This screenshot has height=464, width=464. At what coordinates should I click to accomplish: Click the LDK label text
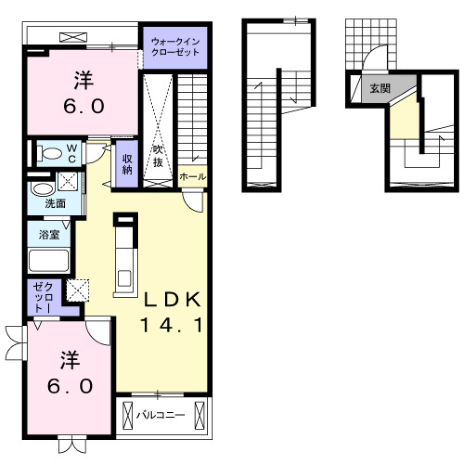(x=173, y=301)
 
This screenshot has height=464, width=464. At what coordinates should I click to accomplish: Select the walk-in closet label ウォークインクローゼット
(x=175, y=47)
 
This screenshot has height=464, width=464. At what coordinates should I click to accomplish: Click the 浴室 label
(x=49, y=235)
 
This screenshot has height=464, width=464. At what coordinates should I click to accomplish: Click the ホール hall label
(x=192, y=177)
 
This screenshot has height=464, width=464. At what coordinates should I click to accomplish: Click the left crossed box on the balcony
(x=128, y=415)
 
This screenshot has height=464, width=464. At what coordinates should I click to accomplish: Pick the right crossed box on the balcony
(x=199, y=415)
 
